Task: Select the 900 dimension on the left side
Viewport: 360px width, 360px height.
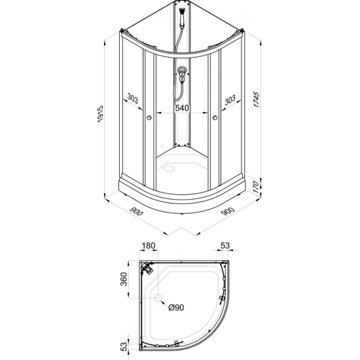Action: pyautogui.click(x=137, y=212)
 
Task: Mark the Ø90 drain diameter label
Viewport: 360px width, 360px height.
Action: pyautogui.click(x=175, y=308)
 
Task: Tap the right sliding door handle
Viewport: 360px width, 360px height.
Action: pyautogui.click(x=214, y=118)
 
